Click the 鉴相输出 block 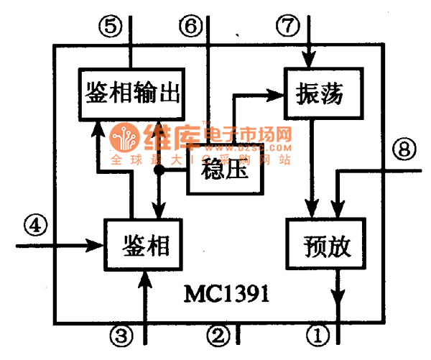point(131,91)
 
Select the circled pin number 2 point(219,333)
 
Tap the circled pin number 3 point(122,333)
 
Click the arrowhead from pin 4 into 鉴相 point(97,245)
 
